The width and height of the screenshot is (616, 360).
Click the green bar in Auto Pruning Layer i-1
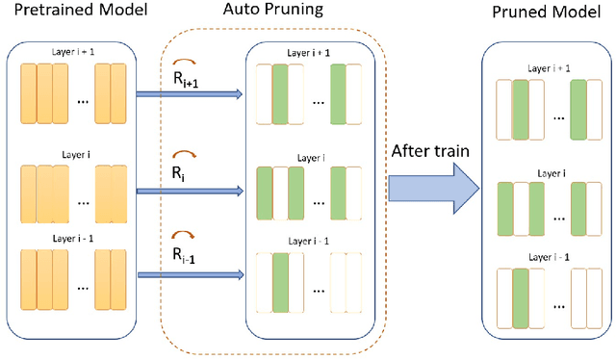point(281,281)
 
